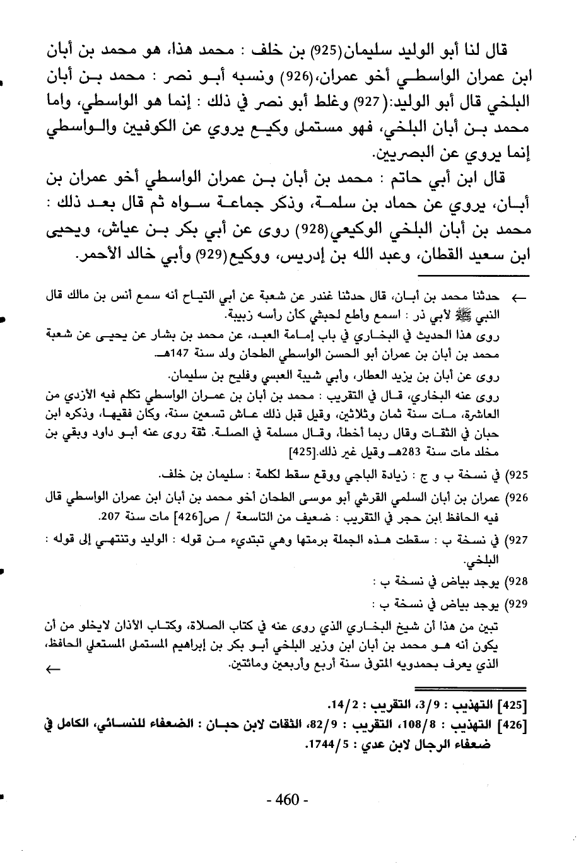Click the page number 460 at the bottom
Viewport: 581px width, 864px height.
[x=287, y=800]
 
